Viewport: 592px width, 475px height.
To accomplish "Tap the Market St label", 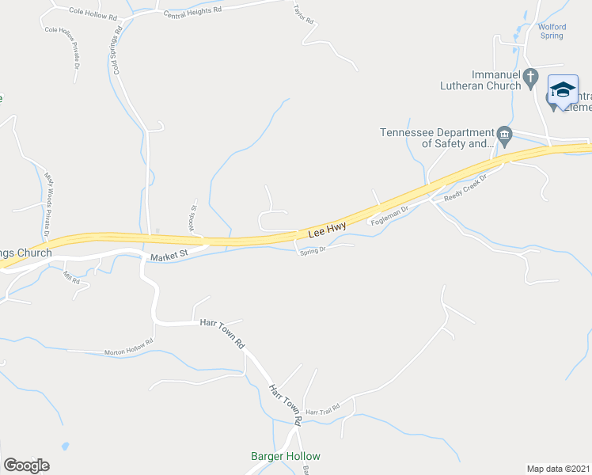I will click(x=167, y=256).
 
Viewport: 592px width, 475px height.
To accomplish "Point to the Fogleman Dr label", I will click(x=389, y=215).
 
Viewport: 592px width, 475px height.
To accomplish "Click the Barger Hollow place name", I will click(x=285, y=456).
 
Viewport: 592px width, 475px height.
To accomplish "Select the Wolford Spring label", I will click(x=552, y=31).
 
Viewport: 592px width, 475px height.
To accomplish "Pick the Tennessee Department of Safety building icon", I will click(x=503, y=133).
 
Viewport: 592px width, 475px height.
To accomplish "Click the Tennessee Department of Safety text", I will click(x=437, y=139).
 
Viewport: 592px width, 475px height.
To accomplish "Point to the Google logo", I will click(x=26, y=465).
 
